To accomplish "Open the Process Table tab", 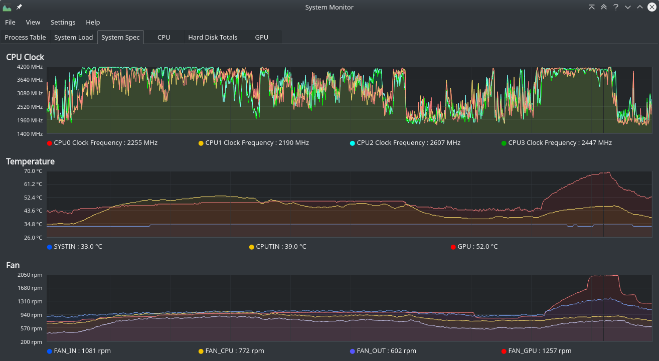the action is point(25,38).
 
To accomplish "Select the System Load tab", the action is point(74,38).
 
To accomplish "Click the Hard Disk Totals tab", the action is point(213,38).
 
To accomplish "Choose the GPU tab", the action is point(261,38).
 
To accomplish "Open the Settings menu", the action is point(63,23).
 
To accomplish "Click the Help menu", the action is point(93,23).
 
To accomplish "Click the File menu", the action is point(10,23).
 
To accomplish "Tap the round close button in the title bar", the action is point(652,7).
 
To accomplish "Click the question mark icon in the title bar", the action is point(616,7).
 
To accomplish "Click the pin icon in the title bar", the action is point(19,7).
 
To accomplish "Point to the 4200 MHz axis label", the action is point(30,67).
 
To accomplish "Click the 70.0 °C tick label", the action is point(33,171).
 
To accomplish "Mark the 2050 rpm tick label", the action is point(30,275).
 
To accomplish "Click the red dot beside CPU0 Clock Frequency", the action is point(50,143).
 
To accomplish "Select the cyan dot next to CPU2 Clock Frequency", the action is point(353,143).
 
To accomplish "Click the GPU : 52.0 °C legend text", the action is point(477,247).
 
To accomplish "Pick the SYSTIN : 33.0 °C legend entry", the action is point(75,247).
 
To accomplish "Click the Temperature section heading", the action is point(30,161).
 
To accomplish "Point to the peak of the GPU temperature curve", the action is point(608,172).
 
